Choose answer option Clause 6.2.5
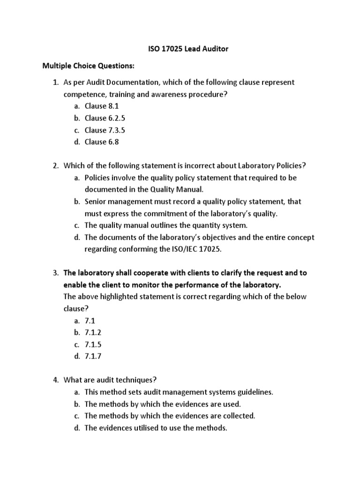click(105, 118)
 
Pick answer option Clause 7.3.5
click(105, 130)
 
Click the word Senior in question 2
click(96, 202)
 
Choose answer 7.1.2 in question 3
click(93, 333)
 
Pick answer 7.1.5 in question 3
click(93, 345)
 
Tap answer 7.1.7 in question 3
click(93, 356)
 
